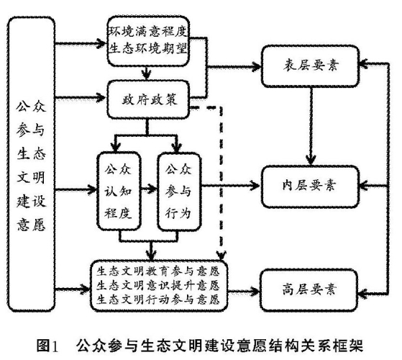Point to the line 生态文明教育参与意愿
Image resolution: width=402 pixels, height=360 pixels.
pyautogui.click(x=157, y=272)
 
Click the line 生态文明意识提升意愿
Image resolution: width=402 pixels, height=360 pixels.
pyautogui.click(x=157, y=286)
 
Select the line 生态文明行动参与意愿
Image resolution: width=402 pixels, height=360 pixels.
pyautogui.click(x=157, y=300)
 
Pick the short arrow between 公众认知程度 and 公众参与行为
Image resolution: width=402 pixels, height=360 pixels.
pyautogui.click(x=148, y=189)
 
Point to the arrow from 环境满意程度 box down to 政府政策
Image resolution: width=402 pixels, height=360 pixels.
pyautogui.click(x=147, y=72)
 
